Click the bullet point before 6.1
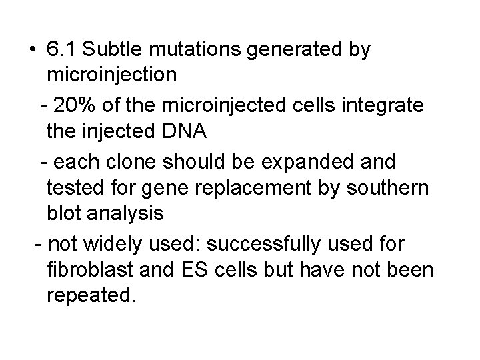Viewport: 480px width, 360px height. [33, 51]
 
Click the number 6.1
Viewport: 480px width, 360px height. [61, 50]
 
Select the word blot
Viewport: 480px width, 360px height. [65, 214]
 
